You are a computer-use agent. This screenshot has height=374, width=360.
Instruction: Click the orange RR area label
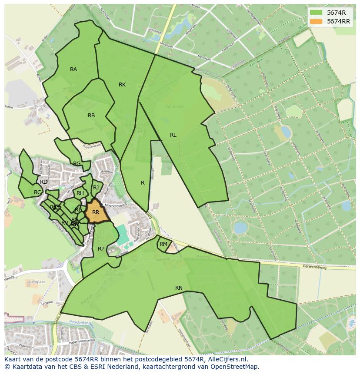[x=96, y=212]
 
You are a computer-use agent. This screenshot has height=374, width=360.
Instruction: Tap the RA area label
[x=73, y=70]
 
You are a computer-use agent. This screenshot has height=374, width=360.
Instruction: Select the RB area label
[x=91, y=116]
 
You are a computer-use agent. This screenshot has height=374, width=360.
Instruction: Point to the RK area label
[x=122, y=85]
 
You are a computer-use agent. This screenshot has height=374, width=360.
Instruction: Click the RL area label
[x=173, y=135]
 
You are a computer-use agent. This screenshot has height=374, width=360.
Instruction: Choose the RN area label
[x=179, y=288]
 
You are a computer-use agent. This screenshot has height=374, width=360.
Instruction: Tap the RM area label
[x=163, y=244]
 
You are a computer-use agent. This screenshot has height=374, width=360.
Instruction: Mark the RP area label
[x=101, y=249]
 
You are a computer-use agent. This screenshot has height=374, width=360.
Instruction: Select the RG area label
[x=77, y=164]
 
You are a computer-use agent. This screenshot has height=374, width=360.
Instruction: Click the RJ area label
[x=96, y=188]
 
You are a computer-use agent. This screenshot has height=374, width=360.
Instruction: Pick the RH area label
[x=80, y=193]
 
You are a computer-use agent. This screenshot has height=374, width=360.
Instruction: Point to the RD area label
[x=43, y=182]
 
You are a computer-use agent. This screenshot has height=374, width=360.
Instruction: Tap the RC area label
[x=37, y=192]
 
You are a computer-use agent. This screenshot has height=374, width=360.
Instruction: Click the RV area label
[x=64, y=223]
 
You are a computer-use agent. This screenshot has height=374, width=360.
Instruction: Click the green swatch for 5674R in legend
[x=316, y=13]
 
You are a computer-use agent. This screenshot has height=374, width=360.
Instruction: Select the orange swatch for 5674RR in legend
[x=316, y=21]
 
